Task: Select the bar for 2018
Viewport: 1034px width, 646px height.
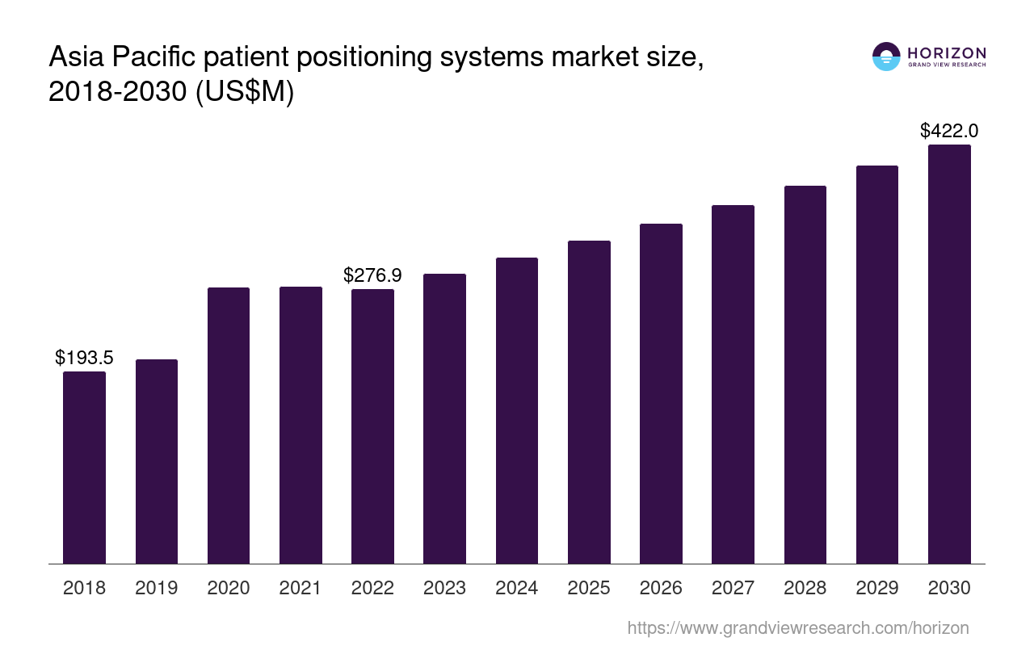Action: (x=84, y=468)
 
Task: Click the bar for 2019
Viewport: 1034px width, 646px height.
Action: (x=156, y=461)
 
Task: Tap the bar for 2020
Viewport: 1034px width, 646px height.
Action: (x=229, y=426)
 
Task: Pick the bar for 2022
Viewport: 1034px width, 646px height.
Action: (x=372, y=426)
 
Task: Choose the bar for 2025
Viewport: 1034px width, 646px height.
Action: (x=589, y=402)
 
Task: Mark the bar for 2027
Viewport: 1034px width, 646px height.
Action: (x=733, y=384)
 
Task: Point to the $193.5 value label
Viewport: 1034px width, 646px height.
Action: (x=84, y=358)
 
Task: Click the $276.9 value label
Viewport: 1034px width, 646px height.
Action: (x=372, y=275)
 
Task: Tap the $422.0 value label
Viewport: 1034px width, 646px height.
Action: (x=949, y=131)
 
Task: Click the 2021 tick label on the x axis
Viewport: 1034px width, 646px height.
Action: (x=301, y=588)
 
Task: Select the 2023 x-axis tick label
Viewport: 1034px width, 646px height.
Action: (x=444, y=588)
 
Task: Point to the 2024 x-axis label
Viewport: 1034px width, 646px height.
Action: (x=517, y=588)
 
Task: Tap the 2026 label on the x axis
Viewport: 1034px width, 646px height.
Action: (x=661, y=588)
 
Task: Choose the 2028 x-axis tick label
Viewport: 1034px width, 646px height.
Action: (x=805, y=588)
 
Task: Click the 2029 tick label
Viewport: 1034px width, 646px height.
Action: (x=877, y=588)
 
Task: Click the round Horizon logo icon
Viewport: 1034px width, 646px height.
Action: (x=886, y=57)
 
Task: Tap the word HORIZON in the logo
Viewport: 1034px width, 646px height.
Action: (x=947, y=53)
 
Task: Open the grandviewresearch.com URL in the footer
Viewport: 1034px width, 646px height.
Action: (x=797, y=627)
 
